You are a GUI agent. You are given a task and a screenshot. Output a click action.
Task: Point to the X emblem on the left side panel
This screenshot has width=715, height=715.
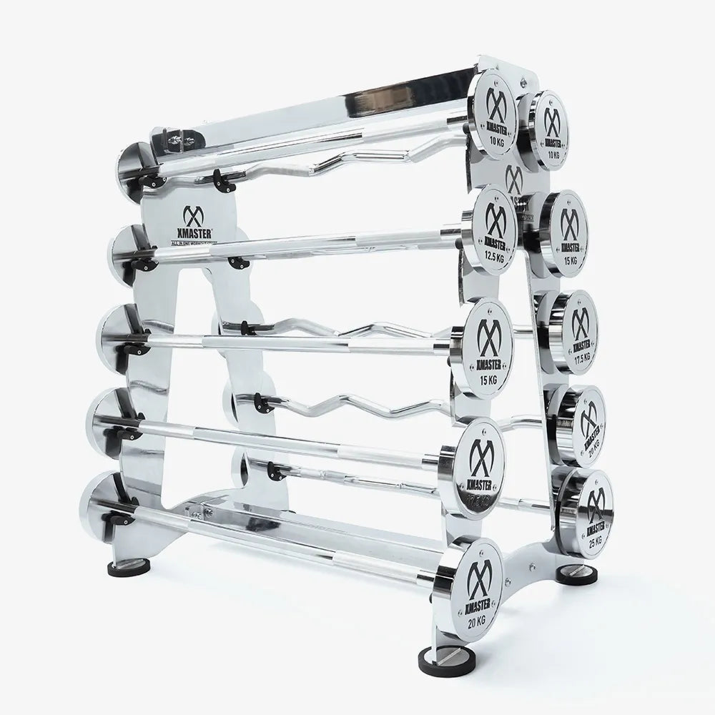point(193,213)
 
